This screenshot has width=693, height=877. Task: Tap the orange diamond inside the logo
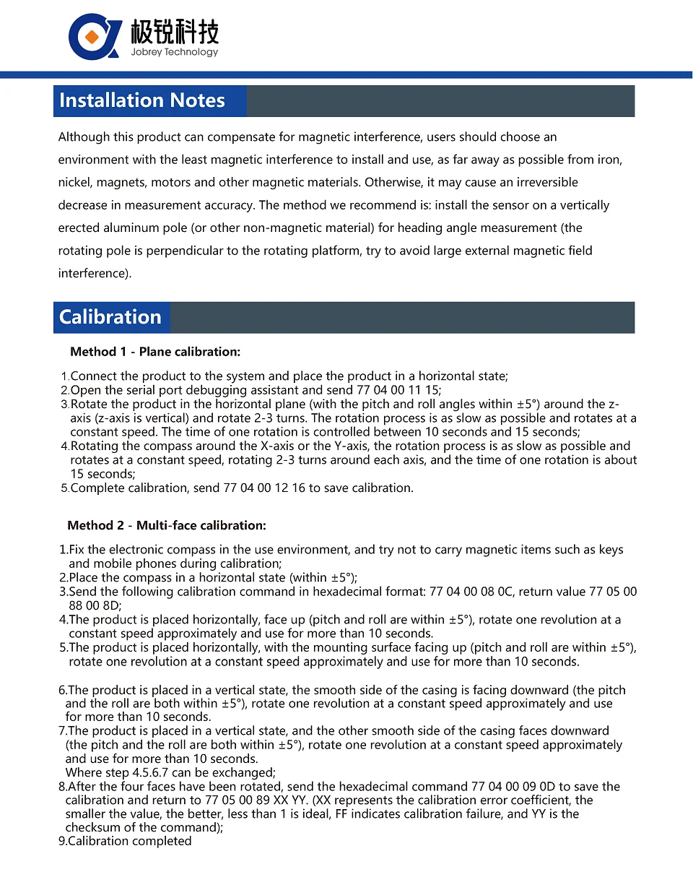point(91,36)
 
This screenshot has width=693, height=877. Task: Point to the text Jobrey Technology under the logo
point(174,53)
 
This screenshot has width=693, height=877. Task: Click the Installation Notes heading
point(142,100)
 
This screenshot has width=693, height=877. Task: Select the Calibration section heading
point(110,317)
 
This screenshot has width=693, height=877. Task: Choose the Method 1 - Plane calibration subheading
point(155,353)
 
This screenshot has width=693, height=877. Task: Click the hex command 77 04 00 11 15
point(409,390)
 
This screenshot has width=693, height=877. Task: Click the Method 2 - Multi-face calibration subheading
point(167,526)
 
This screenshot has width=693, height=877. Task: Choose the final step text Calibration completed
point(130,842)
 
